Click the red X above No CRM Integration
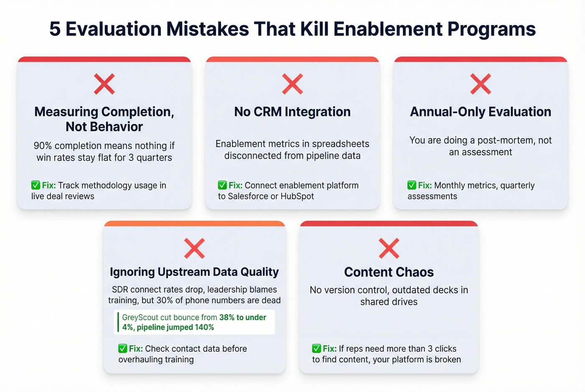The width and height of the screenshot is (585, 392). (292, 84)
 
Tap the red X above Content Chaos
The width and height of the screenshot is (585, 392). (389, 248)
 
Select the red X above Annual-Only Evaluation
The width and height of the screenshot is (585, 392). (480, 84)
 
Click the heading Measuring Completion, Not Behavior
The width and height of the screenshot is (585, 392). (104, 119)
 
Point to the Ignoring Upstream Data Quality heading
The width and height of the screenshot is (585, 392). (194, 272)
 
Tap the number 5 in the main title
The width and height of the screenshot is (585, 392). (55, 29)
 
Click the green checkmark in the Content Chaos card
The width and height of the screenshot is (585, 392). (316, 348)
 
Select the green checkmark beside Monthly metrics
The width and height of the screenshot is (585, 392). (412, 185)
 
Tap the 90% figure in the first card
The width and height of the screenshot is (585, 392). (43, 146)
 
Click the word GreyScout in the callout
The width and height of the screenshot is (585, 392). (140, 317)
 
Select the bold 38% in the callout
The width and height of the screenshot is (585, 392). (227, 317)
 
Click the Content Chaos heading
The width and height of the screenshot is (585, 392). (389, 272)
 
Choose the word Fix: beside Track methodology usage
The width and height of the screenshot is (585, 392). (49, 185)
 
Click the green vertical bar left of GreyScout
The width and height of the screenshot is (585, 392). (118, 322)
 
